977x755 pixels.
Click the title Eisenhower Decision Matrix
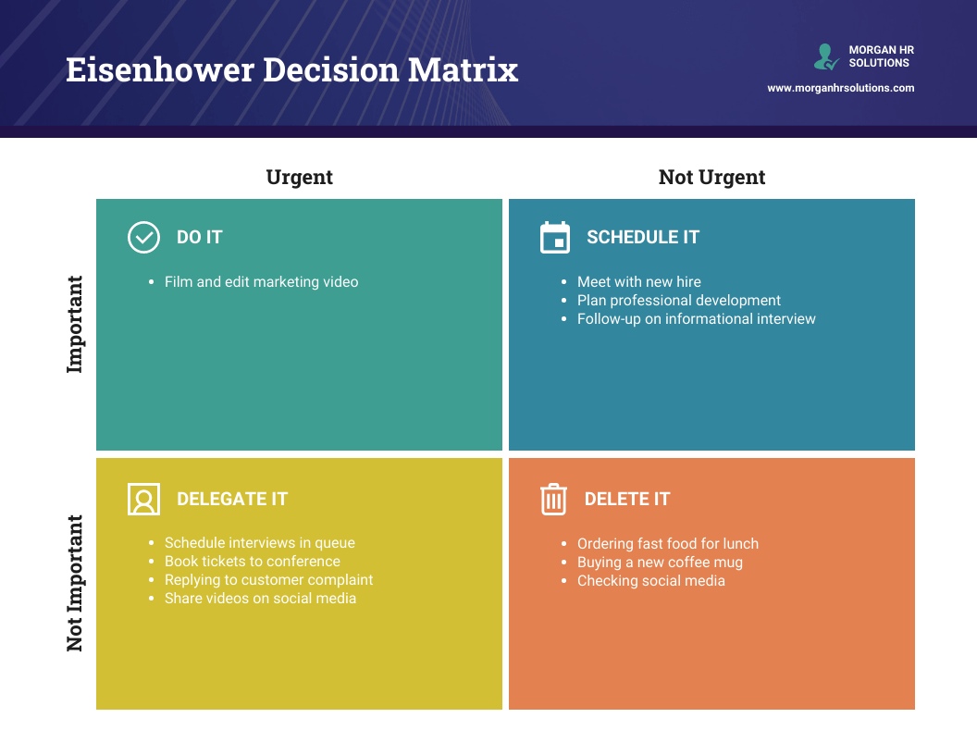[291, 70]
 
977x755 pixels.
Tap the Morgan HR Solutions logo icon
[825, 56]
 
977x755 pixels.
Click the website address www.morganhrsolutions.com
[840, 88]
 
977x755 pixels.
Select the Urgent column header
[299, 177]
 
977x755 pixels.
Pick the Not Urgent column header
[711, 177]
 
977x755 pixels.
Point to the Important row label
[75, 324]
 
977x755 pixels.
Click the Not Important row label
[75, 583]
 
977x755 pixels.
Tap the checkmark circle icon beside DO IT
[143, 237]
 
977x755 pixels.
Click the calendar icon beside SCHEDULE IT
[555, 237]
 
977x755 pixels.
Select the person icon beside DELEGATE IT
[143, 499]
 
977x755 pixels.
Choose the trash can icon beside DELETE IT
[553, 499]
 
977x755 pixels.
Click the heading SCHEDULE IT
[643, 237]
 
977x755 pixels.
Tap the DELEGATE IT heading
[232, 499]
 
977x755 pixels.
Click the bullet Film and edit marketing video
[261, 281]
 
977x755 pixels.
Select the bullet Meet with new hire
[638, 281]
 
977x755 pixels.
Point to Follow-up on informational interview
[696, 318]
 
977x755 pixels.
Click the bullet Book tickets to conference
[252, 562]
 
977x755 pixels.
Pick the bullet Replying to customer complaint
[268, 580]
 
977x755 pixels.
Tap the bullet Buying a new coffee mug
[660, 563]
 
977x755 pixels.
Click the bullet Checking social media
[650, 581]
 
